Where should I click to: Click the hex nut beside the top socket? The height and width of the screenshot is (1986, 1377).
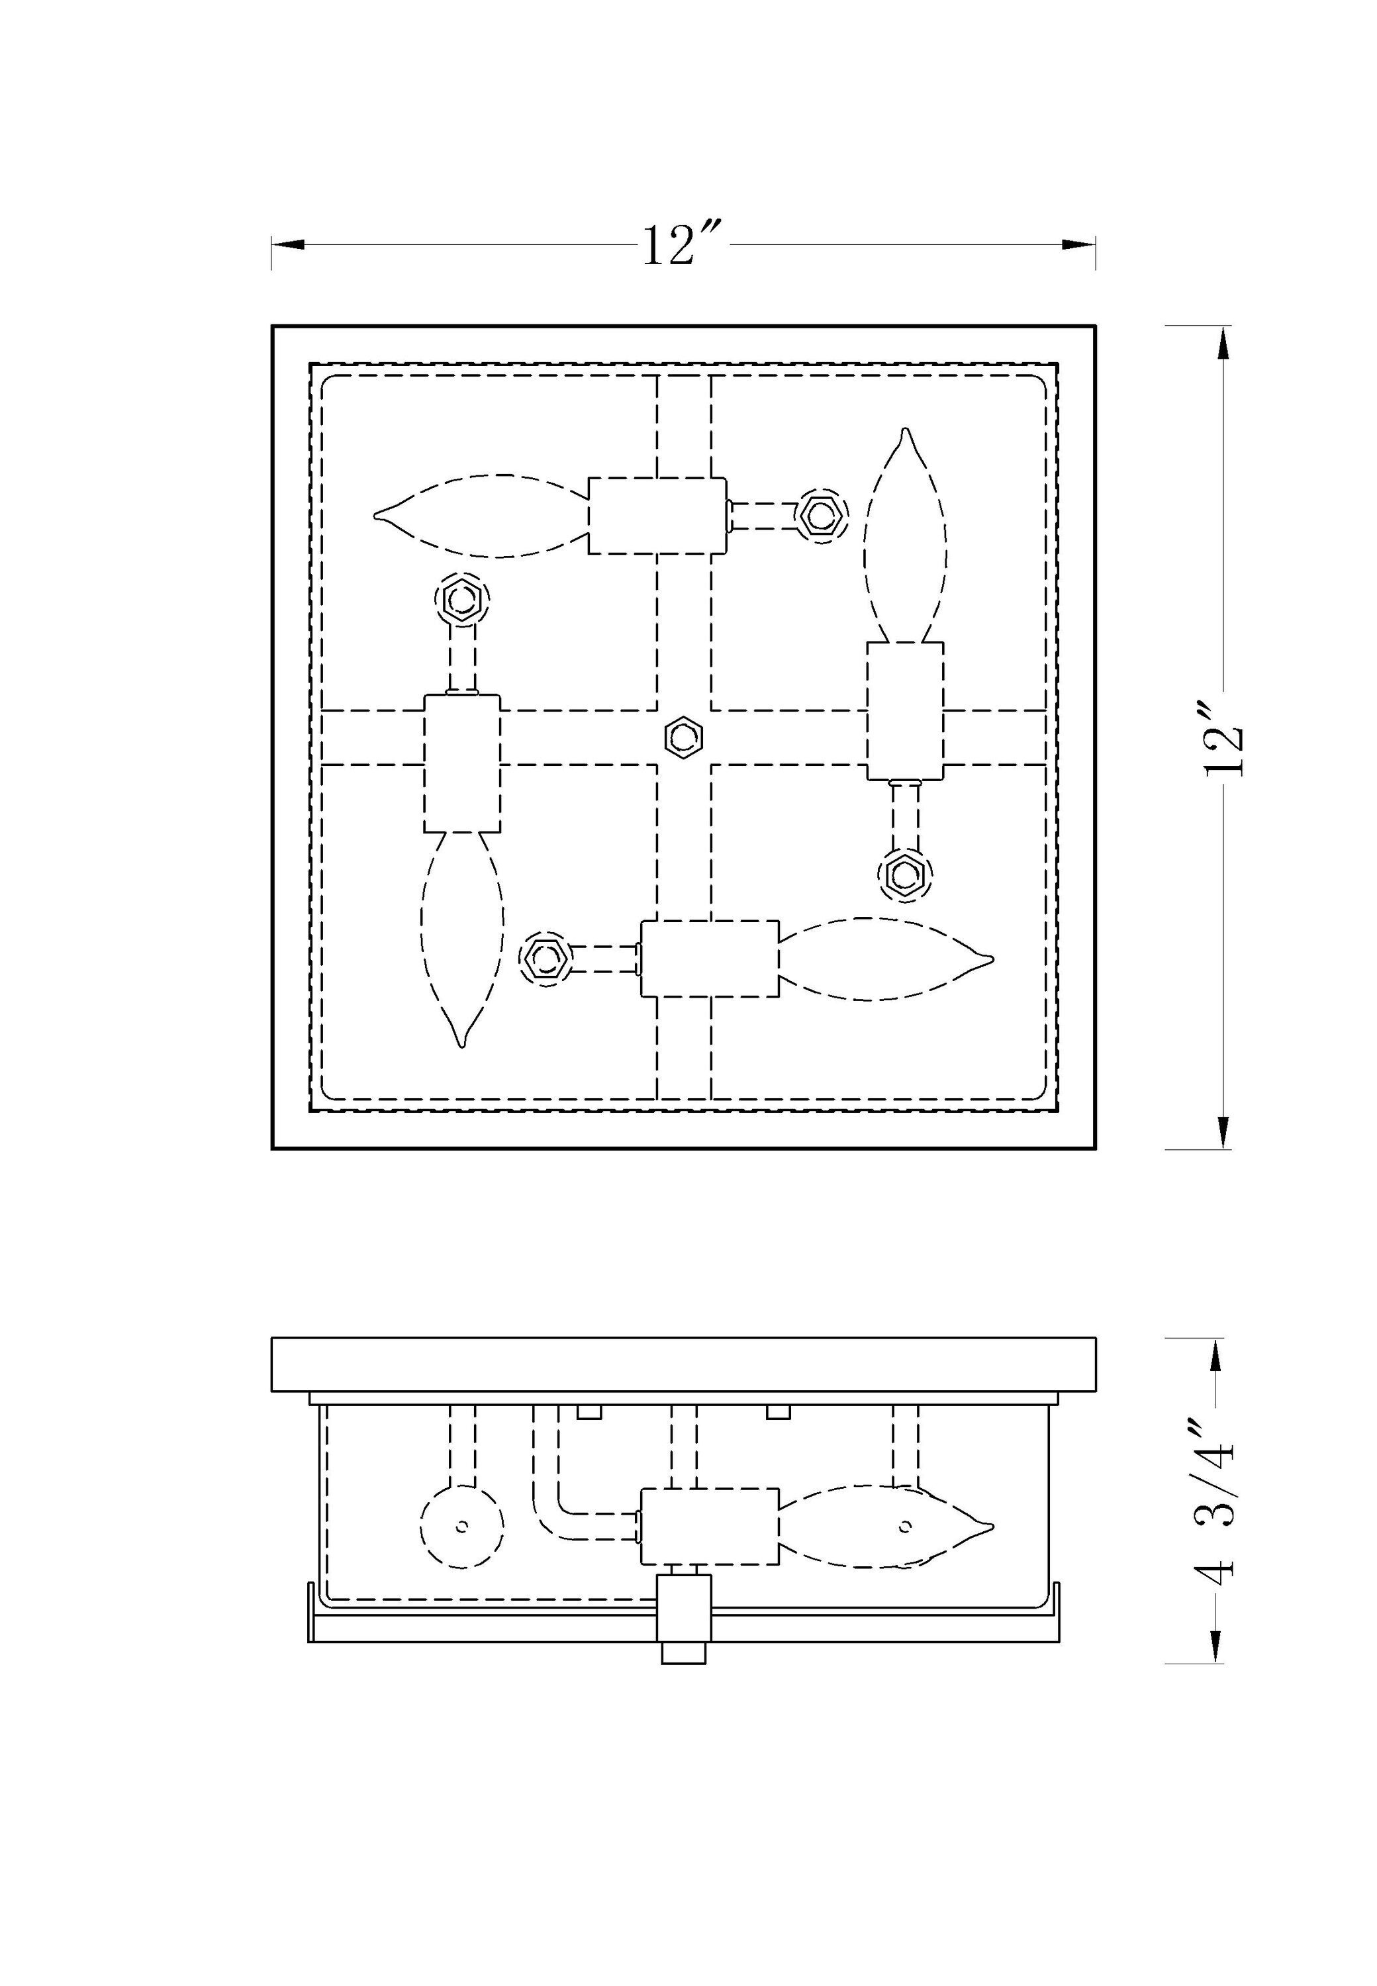[x=820, y=515]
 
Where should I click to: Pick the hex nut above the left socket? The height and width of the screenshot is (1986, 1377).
[x=461, y=598]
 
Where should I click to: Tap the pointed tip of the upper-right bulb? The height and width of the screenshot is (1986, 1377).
[x=905, y=430]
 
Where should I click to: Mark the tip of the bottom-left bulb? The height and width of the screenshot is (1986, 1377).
[x=463, y=1045]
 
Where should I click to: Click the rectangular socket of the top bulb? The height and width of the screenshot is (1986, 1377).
[x=657, y=515]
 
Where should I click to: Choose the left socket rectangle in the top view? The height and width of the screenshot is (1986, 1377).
[x=463, y=763]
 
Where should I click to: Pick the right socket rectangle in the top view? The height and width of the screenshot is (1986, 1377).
[x=905, y=711]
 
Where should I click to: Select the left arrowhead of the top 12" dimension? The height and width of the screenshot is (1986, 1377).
[x=288, y=245]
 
